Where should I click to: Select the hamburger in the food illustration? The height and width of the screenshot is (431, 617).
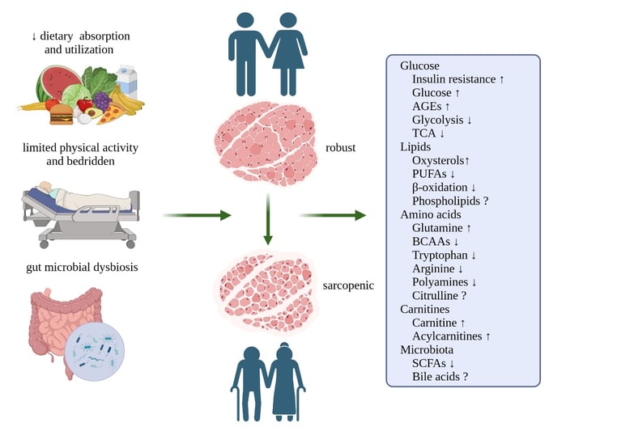pyautogui.click(x=61, y=116)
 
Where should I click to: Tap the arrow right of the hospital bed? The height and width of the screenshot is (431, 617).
pyautogui.click(x=197, y=216)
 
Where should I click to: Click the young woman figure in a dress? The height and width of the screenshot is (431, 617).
pyautogui.click(x=288, y=57)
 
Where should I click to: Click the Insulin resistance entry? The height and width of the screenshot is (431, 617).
pyautogui.click(x=457, y=79)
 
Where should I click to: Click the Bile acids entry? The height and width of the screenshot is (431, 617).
pyautogui.click(x=440, y=377)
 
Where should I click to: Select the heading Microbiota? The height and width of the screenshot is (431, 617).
pyautogui.click(x=428, y=350)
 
